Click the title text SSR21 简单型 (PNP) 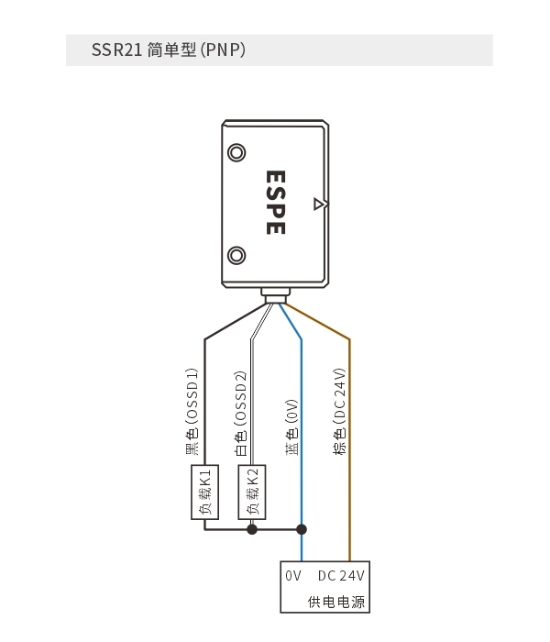click(x=168, y=50)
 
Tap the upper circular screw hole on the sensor click(x=236, y=153)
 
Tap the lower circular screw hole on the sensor click(x=236, y=256)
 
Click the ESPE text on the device click(x=275, y=203)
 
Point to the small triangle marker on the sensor click(x=320, y=204)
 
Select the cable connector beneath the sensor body click(x=275, y=295)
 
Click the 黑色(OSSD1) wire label click(x=192, y=412)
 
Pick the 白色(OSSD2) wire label click(x=240, y=414)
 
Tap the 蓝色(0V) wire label click(x=291, y=427)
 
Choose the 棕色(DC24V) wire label click(x=340, y=412)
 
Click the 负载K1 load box click(x=204, y=493)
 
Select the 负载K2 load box click(x=252, y=493)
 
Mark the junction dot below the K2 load click(x=252, y=529)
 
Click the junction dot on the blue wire click(x=302, y=529)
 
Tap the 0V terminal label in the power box click(x=293, y=576)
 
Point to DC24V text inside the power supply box click(x=341, y=576)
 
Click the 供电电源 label click(x=336, y=602)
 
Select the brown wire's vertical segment click(x=349, y=450)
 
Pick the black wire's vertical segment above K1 click(x=204, y=402)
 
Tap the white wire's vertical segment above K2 click(x=252, y=402)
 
